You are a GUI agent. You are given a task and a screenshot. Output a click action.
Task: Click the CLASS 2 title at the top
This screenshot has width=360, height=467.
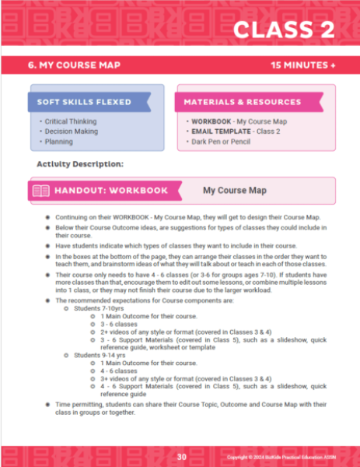pyautogui.click(x=284, y=30)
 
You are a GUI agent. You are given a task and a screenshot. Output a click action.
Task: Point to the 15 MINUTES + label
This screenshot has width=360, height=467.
pyautogui.click(x=303, y=65)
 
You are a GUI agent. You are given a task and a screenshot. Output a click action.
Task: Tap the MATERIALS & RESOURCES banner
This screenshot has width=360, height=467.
pyautogui.click(x=242, y=102)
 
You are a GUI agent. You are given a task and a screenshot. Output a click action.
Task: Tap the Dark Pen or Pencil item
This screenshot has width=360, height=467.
pyautogui.click(x=220, y=142)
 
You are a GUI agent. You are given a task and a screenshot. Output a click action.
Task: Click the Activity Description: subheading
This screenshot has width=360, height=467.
pyautogui.click(x=80, y=164)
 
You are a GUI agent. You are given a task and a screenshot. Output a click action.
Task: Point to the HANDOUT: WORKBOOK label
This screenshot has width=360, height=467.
pyautogui.click(x=110, y=191)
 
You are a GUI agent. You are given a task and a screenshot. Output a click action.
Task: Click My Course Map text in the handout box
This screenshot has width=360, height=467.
pyautogui.click(x=235, y=190)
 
